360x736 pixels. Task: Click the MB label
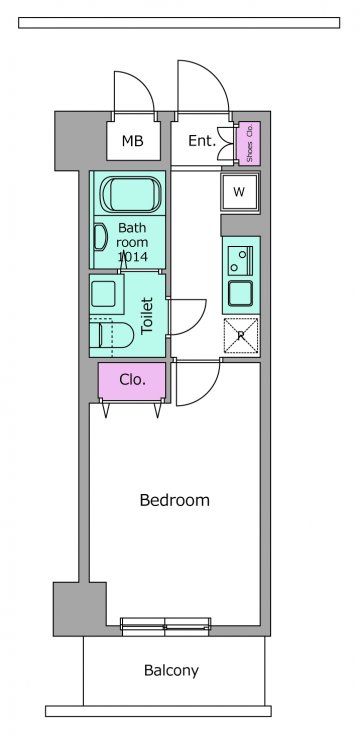(x=132, y=141)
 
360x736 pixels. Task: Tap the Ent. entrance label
(x=202, y=140)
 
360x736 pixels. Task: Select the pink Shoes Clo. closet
(x=249, y=143)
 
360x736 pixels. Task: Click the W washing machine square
(x=240, y=192)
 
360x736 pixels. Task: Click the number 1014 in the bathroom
(x=132, y=257)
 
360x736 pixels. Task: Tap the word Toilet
(x=147, y=315)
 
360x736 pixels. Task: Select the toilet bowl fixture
(x=112, y=335)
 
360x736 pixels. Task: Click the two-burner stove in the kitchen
(x=240, y=261)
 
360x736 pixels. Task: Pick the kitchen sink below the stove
(x=240, y=293)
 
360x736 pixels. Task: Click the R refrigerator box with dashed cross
(x=241, y=335)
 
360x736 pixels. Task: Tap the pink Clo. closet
(x=132, y=381)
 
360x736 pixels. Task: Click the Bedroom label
(x=175, y=500)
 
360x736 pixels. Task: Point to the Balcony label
(x=171, y=670)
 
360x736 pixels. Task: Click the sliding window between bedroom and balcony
(x=165, y=627)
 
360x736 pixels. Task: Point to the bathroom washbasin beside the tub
(x=100, y=237)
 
